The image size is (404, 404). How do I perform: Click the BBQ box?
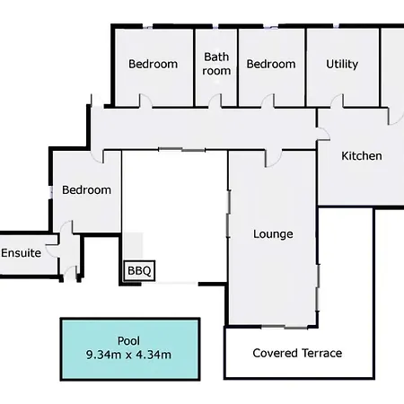click(139, 270)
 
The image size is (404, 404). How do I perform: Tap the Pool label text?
click(128, 341)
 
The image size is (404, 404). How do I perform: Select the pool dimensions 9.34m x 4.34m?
click(128, 355)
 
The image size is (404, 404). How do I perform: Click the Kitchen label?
click(362, 156)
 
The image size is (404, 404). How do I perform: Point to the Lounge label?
click(273, 234)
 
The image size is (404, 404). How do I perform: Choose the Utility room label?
click(342, 64)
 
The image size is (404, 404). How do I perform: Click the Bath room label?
click(216, 64)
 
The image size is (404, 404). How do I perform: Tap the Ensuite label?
click(21, 253)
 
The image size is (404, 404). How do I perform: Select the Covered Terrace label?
click(297, 353)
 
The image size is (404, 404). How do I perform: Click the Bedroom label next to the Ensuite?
click(86, 190)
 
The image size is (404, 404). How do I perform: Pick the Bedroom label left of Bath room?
click(153, 64)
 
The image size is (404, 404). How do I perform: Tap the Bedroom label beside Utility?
click(271, 64)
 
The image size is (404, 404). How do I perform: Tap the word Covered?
click(275, 353)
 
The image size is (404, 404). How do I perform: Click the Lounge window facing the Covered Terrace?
click(285, 327)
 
